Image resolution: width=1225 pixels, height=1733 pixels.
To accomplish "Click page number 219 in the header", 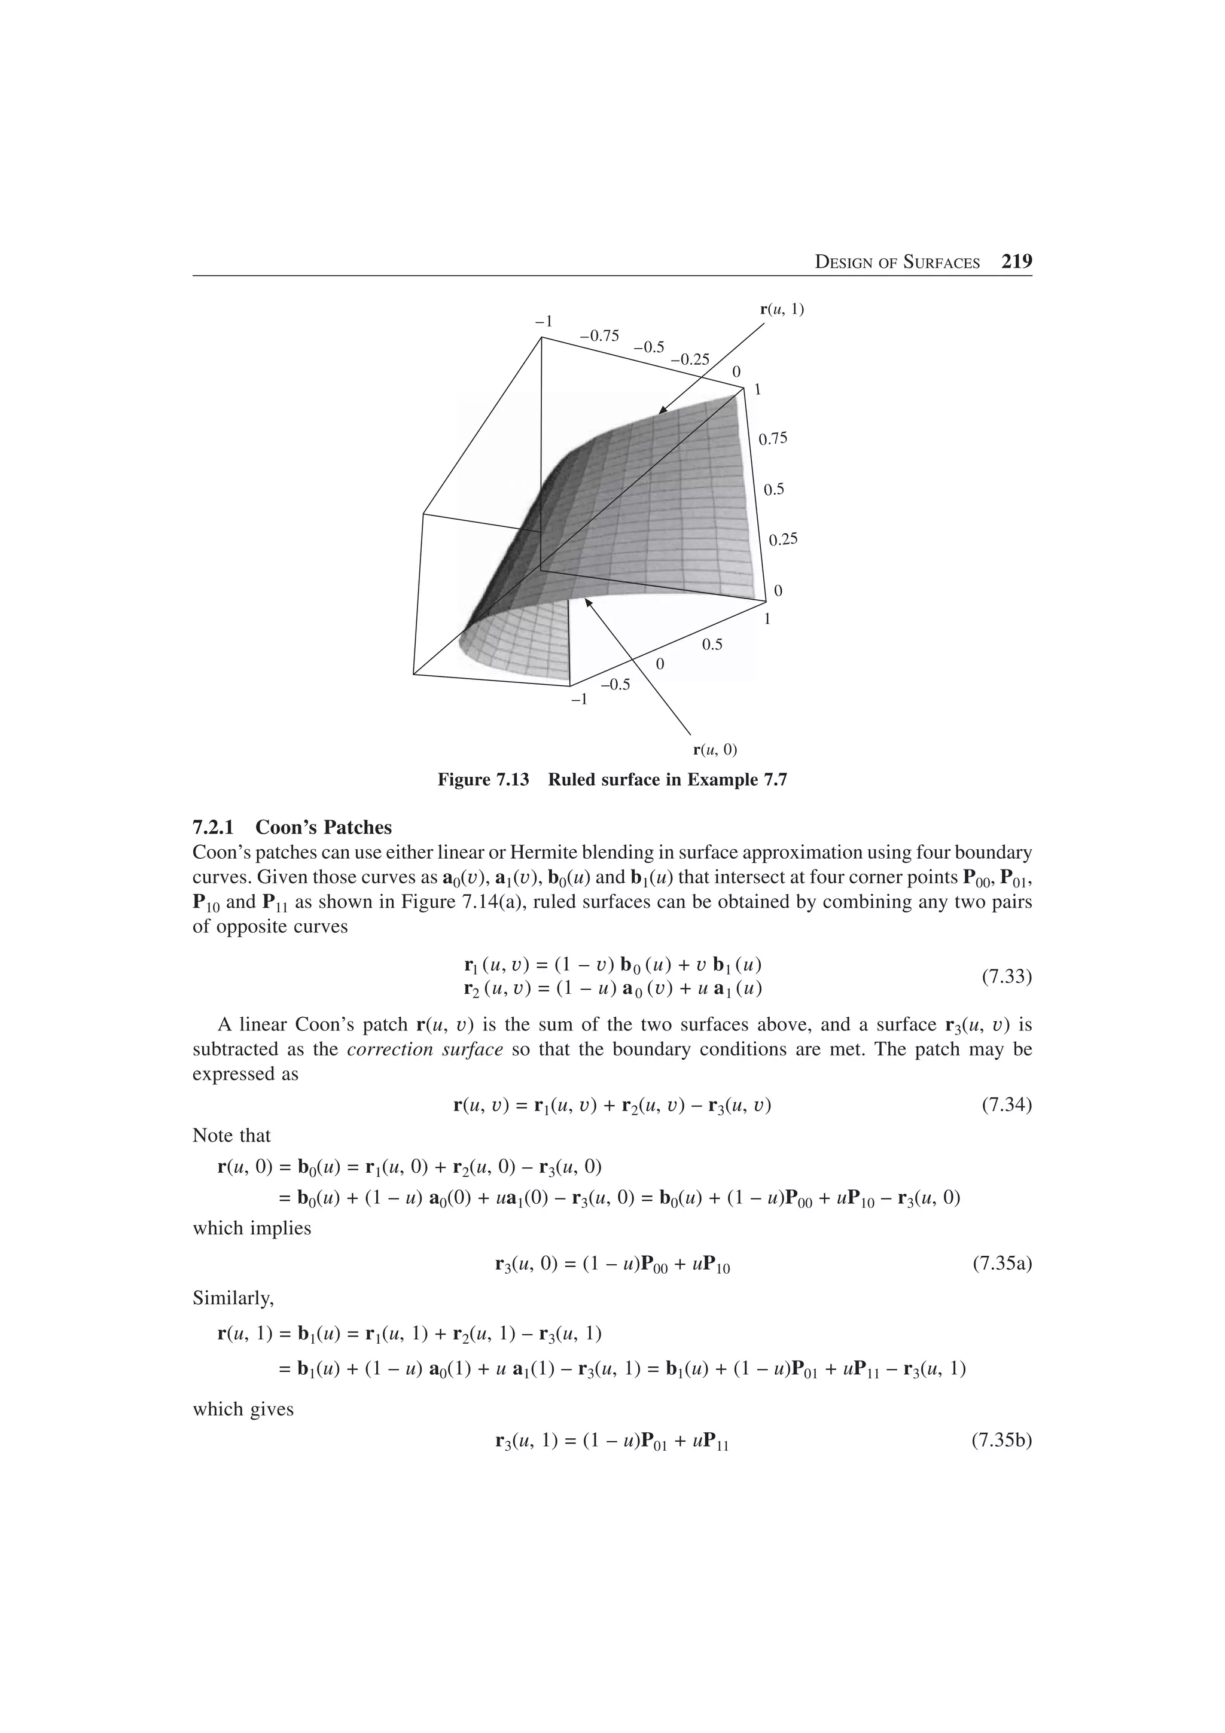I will [x=1016, y=262].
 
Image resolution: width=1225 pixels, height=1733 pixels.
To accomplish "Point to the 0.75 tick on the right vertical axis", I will [x=773, y=438].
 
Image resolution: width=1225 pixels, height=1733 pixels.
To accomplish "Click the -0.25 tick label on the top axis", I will [x=690, y=359].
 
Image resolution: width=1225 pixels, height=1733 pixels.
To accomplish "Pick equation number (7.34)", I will [x=1006, y=1106].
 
